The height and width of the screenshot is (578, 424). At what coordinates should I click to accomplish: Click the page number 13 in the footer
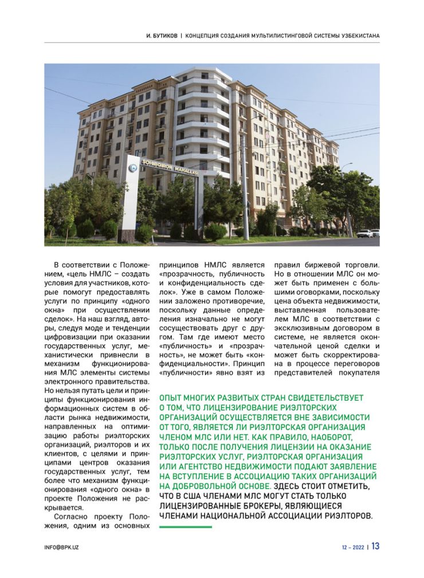(x=375, y=546)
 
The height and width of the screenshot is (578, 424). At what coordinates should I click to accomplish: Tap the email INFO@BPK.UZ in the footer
(x=61, y=547)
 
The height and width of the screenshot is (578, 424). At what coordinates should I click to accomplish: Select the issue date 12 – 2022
(x=350, y=547)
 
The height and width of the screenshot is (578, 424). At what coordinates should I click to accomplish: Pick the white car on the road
(x=364, y=233)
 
